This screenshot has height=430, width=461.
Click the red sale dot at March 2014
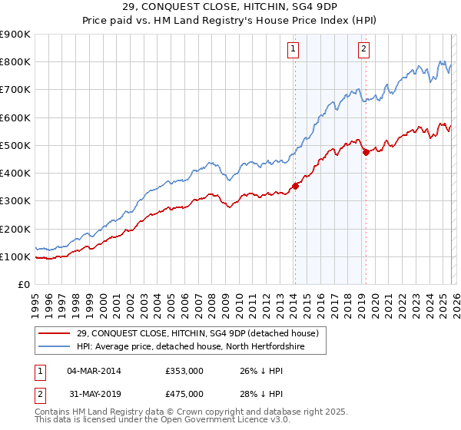[295, 186]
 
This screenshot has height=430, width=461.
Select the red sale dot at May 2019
[366, 152]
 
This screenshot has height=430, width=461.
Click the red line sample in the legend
[55, 332]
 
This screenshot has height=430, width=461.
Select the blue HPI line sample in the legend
[55, 346]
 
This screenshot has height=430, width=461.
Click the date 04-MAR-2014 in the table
[94, 371]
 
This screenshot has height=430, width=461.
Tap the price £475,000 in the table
[184, 394]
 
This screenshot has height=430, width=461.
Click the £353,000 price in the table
[184, 371]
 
